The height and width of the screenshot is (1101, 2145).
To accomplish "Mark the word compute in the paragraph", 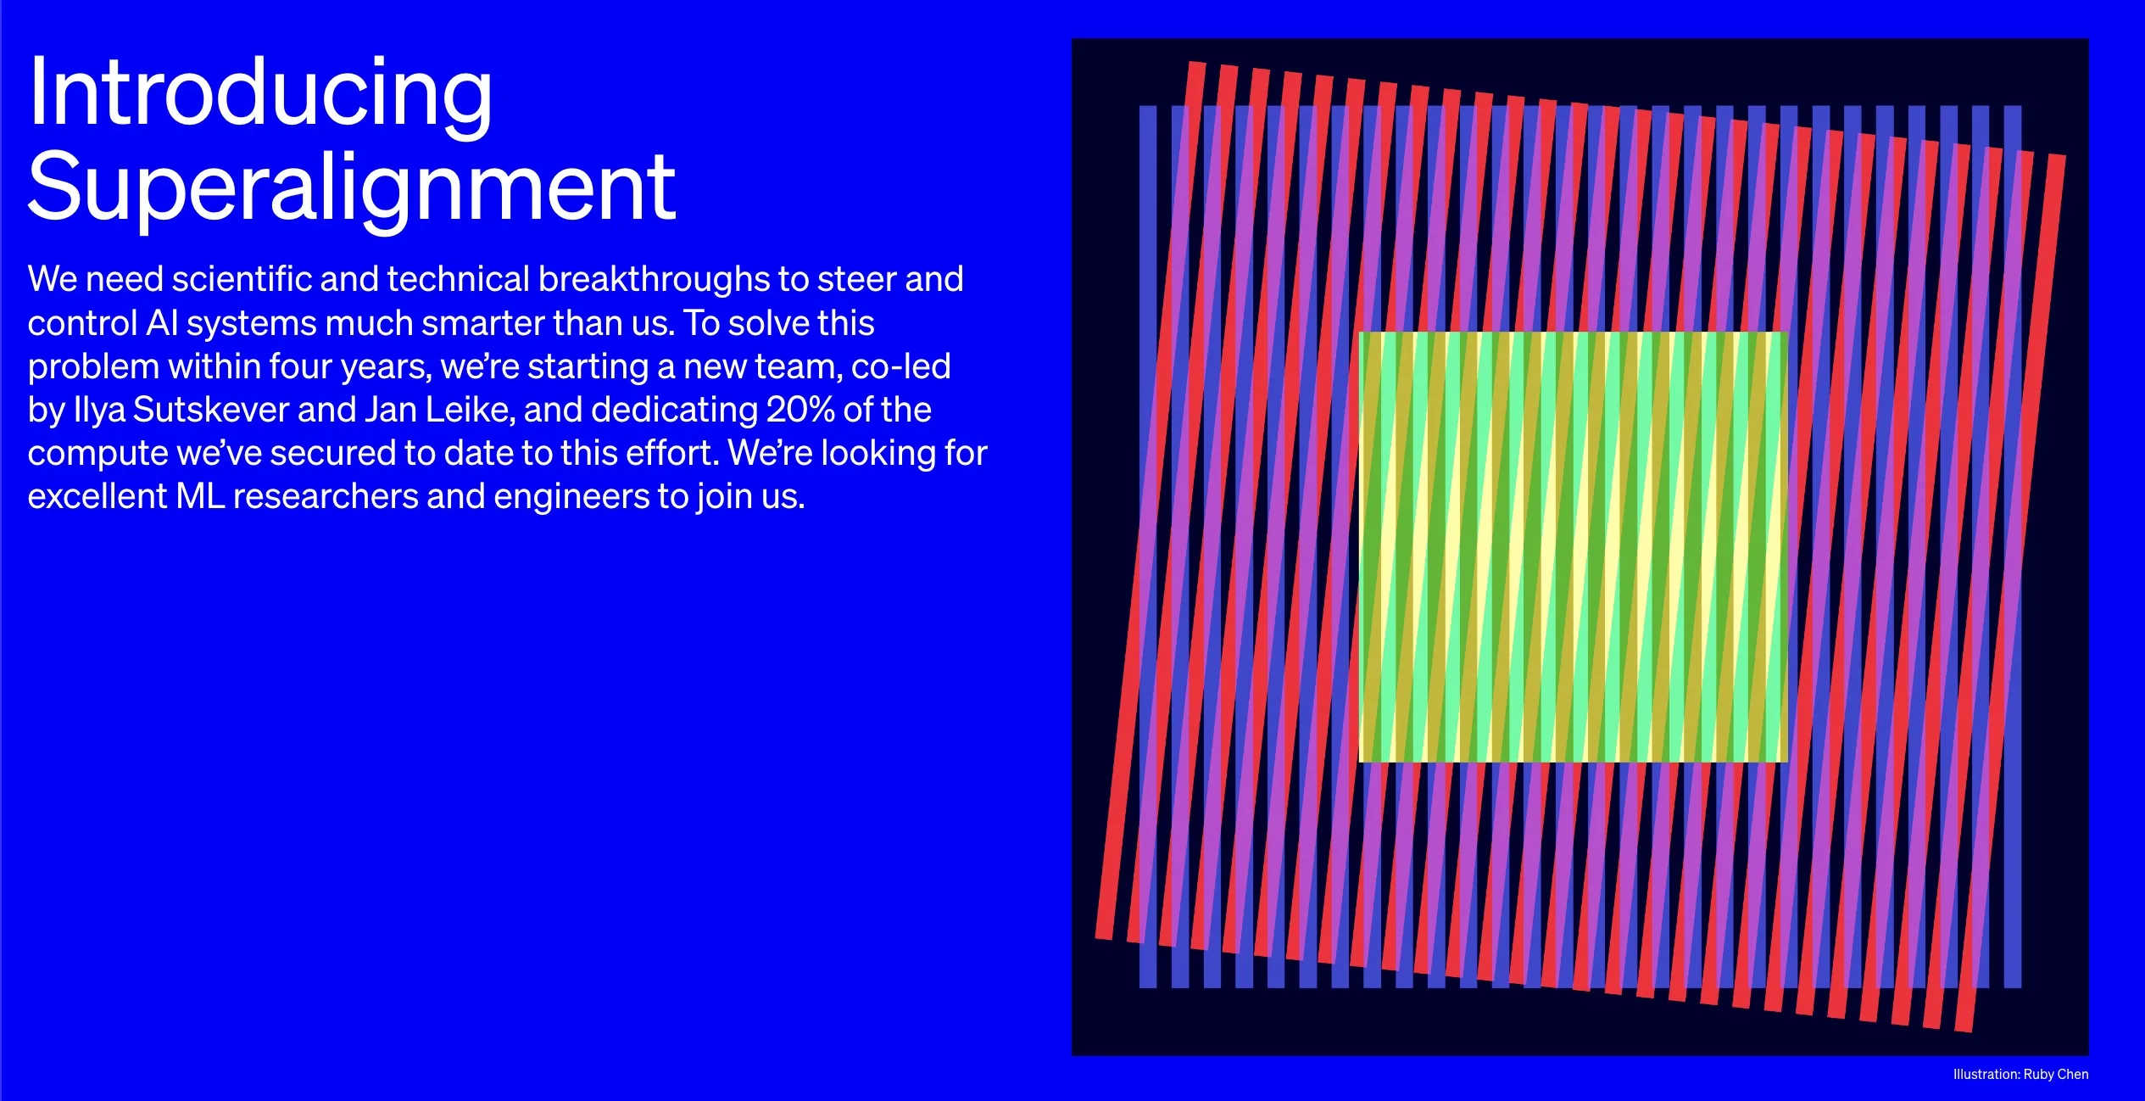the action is [97, 454].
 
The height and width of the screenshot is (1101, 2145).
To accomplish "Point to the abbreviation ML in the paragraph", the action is [200, 496].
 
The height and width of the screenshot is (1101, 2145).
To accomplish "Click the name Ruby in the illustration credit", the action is [2038, 1075].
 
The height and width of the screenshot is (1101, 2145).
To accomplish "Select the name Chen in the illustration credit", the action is [2073, 1074].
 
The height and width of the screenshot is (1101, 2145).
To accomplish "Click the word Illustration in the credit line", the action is [1986, 1074].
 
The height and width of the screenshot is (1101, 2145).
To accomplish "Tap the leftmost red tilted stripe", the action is [1150, 500].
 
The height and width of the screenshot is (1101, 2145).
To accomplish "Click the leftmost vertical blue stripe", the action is [1148, 547].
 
